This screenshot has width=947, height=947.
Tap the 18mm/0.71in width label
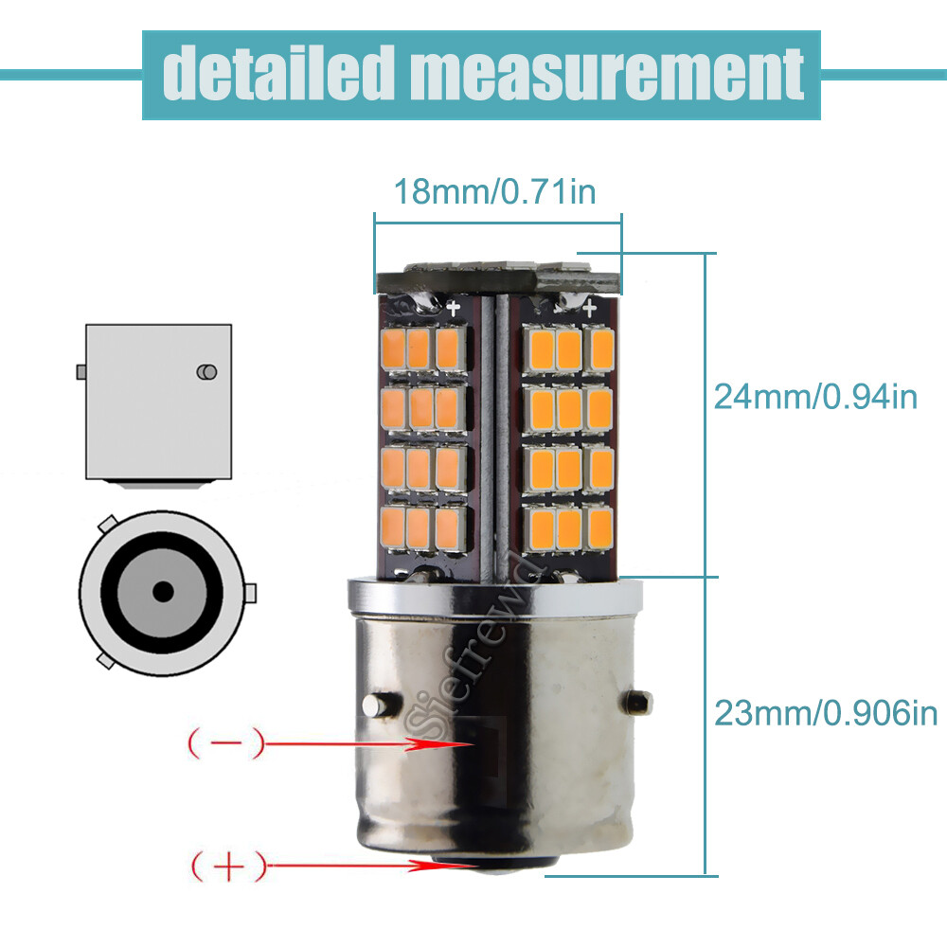pyautogui.click(x=494, y=192)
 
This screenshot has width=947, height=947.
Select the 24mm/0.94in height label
pyautogui.click(x=815, y=396)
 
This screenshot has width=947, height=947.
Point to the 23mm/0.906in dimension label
pyautogui.click(x=825, y=713)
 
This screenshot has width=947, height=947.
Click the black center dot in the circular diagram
pyautogui.click(x=164, y=592)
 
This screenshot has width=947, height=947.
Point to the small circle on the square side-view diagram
pyautogui.click(x=205, y=372)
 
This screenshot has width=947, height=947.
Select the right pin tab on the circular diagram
pyautogui.click(x=250, y=594)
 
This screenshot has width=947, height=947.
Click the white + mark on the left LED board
pyautogui.click(x=454, y=306)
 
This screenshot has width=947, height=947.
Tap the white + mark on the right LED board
pyautogui.click(x=588, y=306)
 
